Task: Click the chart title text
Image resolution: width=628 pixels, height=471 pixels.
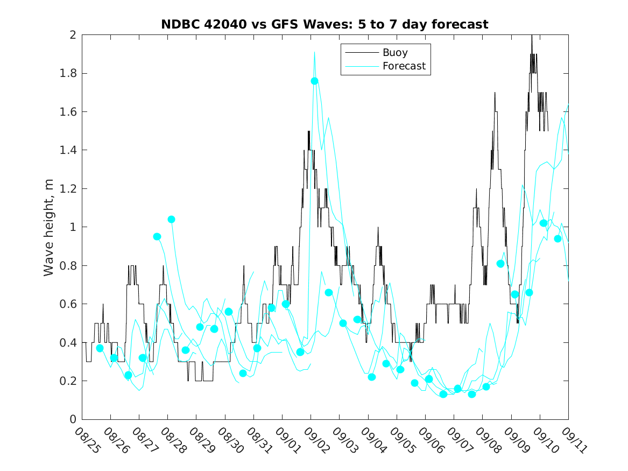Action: (324, 24)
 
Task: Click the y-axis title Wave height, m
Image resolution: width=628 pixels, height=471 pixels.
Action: (49, 227)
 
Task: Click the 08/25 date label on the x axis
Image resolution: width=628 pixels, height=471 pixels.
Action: (86, 440)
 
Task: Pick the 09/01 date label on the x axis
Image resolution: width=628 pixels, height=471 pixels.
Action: (286, 440)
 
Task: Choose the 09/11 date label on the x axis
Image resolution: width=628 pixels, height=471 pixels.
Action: (572, 440)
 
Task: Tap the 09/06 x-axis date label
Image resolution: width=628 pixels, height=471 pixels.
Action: (429, 440)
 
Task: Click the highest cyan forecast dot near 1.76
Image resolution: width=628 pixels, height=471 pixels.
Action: (315, 81)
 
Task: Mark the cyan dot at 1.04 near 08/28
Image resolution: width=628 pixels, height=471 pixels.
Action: (171, 219)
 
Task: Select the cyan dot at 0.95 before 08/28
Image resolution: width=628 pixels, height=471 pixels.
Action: (157, 236)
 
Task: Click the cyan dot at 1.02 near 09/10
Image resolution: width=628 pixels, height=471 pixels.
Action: (544, 223)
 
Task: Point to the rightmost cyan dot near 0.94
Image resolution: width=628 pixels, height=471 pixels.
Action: (558, 238)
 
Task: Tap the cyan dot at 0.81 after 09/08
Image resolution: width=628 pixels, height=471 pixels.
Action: (500, 263)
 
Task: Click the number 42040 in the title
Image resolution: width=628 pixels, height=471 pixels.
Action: (225, 24)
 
